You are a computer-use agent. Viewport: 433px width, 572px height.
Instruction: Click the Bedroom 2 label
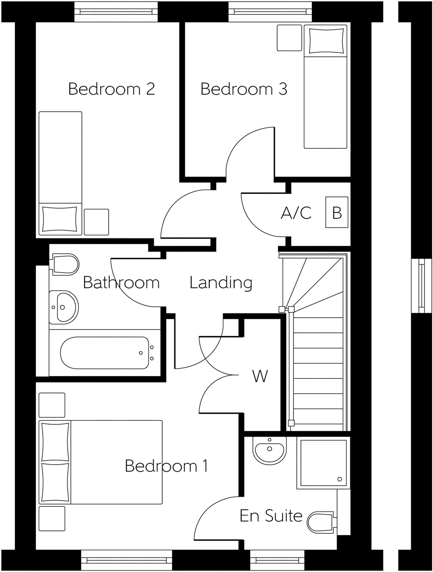111,89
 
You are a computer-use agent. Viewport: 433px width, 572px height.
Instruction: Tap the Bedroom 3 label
244,89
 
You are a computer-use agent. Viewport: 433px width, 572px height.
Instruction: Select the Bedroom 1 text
166,466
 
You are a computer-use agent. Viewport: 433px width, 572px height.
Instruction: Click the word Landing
221,283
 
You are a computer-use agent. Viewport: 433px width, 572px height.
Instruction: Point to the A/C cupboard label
296,213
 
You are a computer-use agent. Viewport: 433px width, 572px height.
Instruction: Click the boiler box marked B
337,212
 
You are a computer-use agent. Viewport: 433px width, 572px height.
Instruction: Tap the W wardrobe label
260,376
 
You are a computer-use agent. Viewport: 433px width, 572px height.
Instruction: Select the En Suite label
271,516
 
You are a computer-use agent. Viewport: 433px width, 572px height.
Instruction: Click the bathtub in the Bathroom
105,353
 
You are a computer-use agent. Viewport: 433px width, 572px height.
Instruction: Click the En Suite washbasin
269,450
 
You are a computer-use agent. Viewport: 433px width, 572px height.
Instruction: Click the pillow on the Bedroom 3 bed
326,41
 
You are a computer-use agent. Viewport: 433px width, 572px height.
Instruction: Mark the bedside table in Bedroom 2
96,222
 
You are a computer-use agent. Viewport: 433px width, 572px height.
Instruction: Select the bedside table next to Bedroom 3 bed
289,38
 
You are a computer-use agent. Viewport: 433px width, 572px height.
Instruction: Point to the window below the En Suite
277,560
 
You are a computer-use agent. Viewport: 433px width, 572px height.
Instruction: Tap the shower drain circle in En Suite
340,479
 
